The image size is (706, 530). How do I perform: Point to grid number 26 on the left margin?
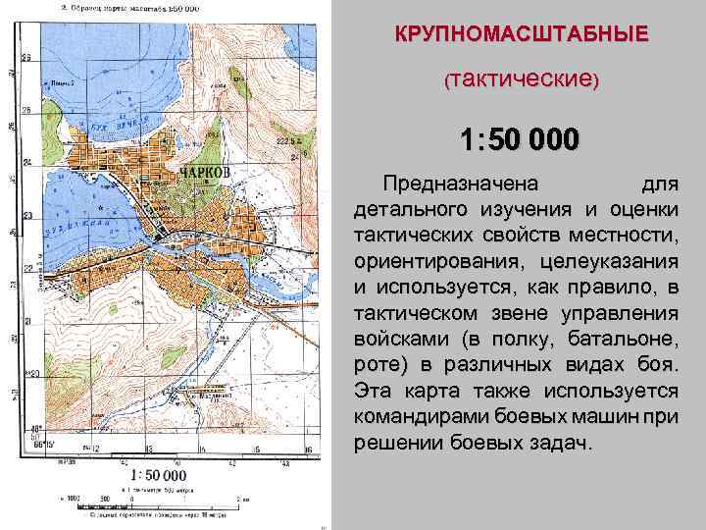point(27,110)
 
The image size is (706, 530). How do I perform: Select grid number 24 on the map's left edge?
point(27,163)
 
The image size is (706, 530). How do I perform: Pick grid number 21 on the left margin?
point(27,321)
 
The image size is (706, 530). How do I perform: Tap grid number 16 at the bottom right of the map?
point(308,450)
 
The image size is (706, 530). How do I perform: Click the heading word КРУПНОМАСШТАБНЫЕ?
point(522,33)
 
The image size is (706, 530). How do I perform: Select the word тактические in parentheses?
point(522,77)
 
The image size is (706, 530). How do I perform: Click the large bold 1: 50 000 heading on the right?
point(521,138)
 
